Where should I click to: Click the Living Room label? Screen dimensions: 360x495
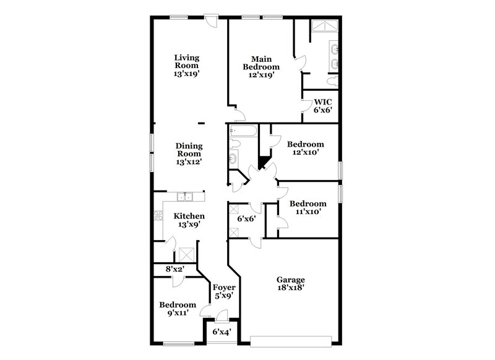pyautogui.click(x=186, y=64)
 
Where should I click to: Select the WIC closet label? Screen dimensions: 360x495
pyautogui.click(x=323, y=106)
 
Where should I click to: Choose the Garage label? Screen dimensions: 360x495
pyautogui.click(x=290, y=283)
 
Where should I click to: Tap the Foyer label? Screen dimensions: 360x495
pyautogui.click(x=223, y=291)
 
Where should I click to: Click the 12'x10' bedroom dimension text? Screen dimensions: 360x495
pyautogui.click(x=306, y=152)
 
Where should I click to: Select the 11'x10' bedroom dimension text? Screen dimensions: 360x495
pyautogui.click(x=308, y=212)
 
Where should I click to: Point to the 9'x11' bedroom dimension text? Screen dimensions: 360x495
pyautogui.click(x=177, y=313)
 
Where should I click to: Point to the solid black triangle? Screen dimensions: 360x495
pyautogui.click(x=262, y=162)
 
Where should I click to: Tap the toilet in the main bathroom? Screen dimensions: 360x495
pyautogui.click(x=331, y=80)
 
